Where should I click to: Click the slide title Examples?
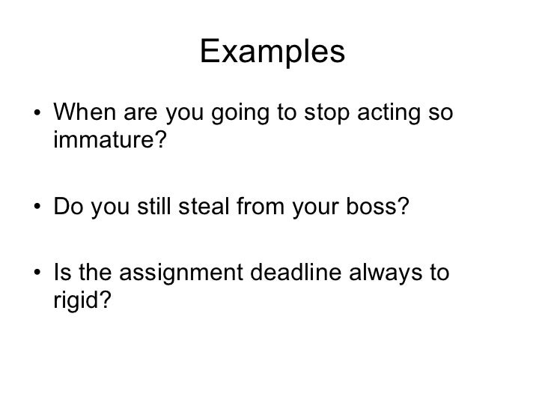point(272,52)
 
